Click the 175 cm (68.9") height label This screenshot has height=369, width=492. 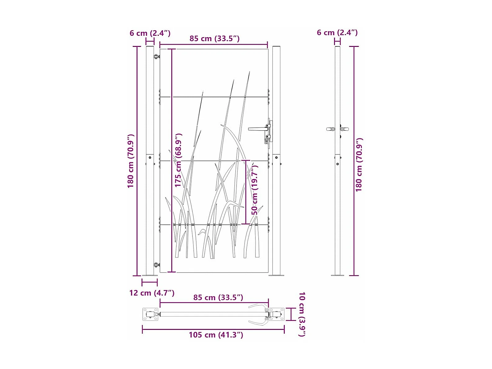(178, 160)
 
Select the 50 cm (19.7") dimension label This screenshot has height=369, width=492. (255, 190)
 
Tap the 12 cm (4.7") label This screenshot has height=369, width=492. (152, 293)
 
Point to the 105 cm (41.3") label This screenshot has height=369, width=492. (216, 335)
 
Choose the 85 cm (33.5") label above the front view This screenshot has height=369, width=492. (214, 39)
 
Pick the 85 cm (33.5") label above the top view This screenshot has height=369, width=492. (218, 298)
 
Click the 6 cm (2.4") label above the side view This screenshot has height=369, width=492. (337, 33)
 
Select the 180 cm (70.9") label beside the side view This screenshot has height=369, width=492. (359, 165)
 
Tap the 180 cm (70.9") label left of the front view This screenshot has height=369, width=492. (130, 161)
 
